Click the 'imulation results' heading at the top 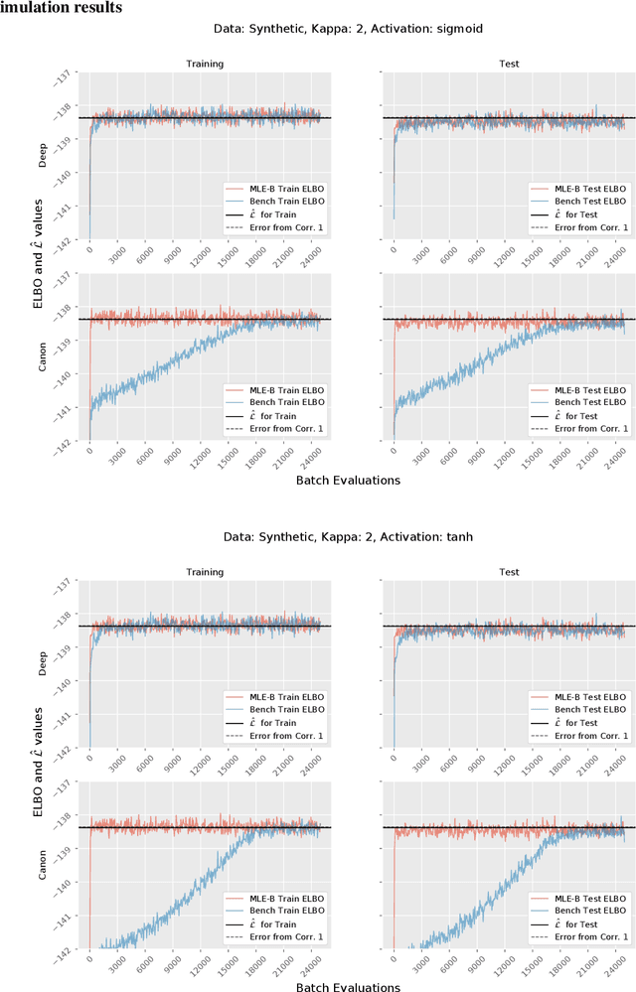(62, 9)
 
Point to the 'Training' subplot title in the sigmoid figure (205, 64)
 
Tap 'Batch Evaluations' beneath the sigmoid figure (349, 480)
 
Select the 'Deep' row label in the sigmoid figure (44, 160)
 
